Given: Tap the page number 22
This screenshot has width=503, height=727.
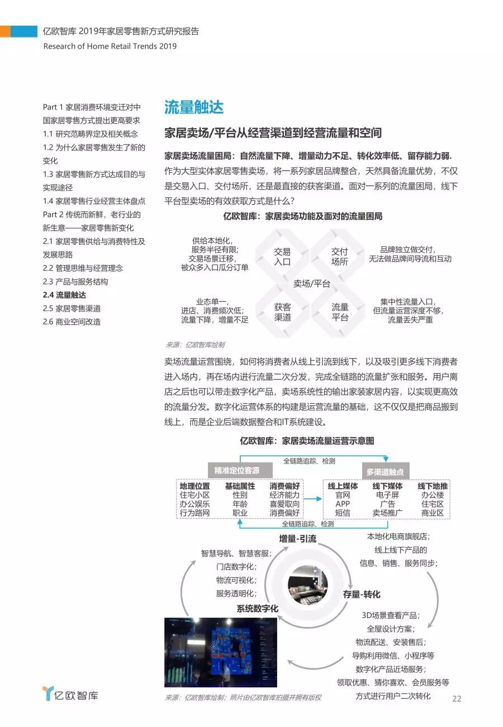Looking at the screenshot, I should pyautogui.click(x=457, y=698).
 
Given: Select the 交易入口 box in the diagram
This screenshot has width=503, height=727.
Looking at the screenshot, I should pyautogui.click(x=282, y=257).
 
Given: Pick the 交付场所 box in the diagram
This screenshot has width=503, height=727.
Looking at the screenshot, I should pyautogui.click(x=339, y=257).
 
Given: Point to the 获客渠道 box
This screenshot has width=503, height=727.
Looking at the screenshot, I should pyautogui.click(x=282, y=312).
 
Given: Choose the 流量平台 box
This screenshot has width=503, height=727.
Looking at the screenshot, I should pyautogui.click(x=340, y=312).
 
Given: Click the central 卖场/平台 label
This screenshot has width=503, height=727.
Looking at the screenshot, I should pyautogui.click(x=311, y=284).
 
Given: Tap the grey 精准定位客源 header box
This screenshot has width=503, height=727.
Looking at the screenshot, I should pyautogui.click(x=236, y=470).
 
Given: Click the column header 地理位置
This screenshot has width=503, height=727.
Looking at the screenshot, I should pyautogui.click(x=194, y=486).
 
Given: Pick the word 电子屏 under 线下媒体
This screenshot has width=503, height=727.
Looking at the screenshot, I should pyautogui.click(x=387, y=495).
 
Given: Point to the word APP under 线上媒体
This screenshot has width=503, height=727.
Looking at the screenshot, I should pyautogui.click(x=343, y=504).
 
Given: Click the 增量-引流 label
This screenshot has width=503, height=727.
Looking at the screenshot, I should pyautogui.click(x=298, y=539).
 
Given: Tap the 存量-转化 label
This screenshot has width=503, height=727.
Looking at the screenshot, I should pyautogui.click(x=361, y=594).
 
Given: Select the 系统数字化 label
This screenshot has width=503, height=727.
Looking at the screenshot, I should pyautogui.click(x=257, y=608).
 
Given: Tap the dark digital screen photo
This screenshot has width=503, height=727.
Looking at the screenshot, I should pyautogui.click(x=220, y=652).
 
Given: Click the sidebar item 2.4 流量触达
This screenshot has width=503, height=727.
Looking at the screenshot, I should pyautogui.click(x=64, y=295).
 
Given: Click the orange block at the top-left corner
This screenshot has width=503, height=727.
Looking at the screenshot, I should pyautogui.click(x=5, y=31).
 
